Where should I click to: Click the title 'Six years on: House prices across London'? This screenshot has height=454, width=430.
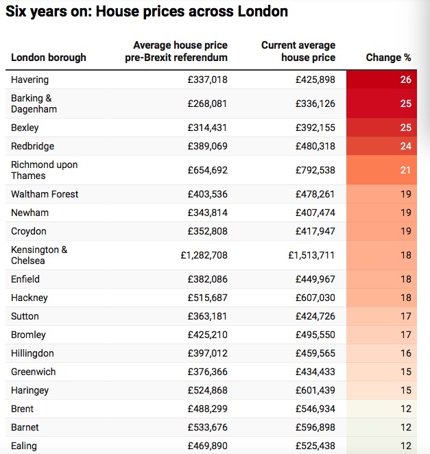click(x=147, y=12)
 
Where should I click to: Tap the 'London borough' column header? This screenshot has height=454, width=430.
click(x=49, y=58)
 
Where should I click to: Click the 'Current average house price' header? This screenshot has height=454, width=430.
click(x=298, y=51)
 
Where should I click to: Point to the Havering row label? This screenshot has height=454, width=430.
click(x=29, y=80)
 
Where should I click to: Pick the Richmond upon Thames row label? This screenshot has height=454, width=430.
click(x=44, y=170)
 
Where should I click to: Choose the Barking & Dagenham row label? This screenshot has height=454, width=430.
click(x=34, y=104)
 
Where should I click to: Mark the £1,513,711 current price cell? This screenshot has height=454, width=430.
click(x=311, y=255)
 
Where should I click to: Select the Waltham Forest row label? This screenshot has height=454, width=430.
click(x=45, y=194)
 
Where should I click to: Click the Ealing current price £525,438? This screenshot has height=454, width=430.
click(x=315, y=446)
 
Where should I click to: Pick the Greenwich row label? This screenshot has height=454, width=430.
click(x=33, y=372)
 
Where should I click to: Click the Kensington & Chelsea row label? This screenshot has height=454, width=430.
click(x=39, y=255)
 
